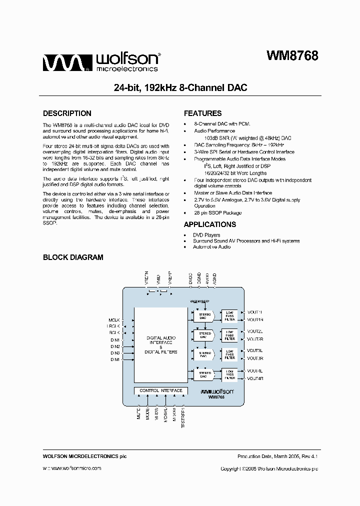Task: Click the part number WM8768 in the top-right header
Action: pos(292,56)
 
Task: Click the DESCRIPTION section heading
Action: pos(67,113)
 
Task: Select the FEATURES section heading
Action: pos(202,113)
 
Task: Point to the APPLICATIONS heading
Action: pos(209,224)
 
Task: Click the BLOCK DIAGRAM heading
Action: pos(73,257)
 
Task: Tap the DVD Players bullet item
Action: pos(206,235)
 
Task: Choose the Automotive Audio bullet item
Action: pos(211,247)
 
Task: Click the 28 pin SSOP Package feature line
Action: pos(217,212)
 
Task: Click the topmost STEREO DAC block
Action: pos(203,316)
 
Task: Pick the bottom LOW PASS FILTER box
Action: pos(229,374)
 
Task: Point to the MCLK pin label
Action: pos(114,320)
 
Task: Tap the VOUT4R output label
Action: pos(255,378)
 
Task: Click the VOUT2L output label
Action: pos(255,331)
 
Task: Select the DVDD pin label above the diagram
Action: pos(190,279)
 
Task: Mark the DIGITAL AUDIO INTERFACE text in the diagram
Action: pos(161,340)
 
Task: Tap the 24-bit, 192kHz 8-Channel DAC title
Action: pos(180,87)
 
